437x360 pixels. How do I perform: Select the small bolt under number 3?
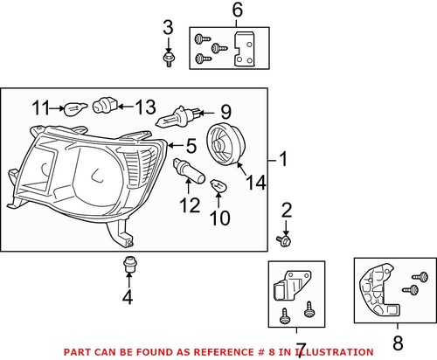coord(168,59)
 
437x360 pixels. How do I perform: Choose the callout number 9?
coord(225,112)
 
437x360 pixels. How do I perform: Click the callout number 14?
coord(254,183)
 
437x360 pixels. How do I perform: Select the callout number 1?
coord(282,160)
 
